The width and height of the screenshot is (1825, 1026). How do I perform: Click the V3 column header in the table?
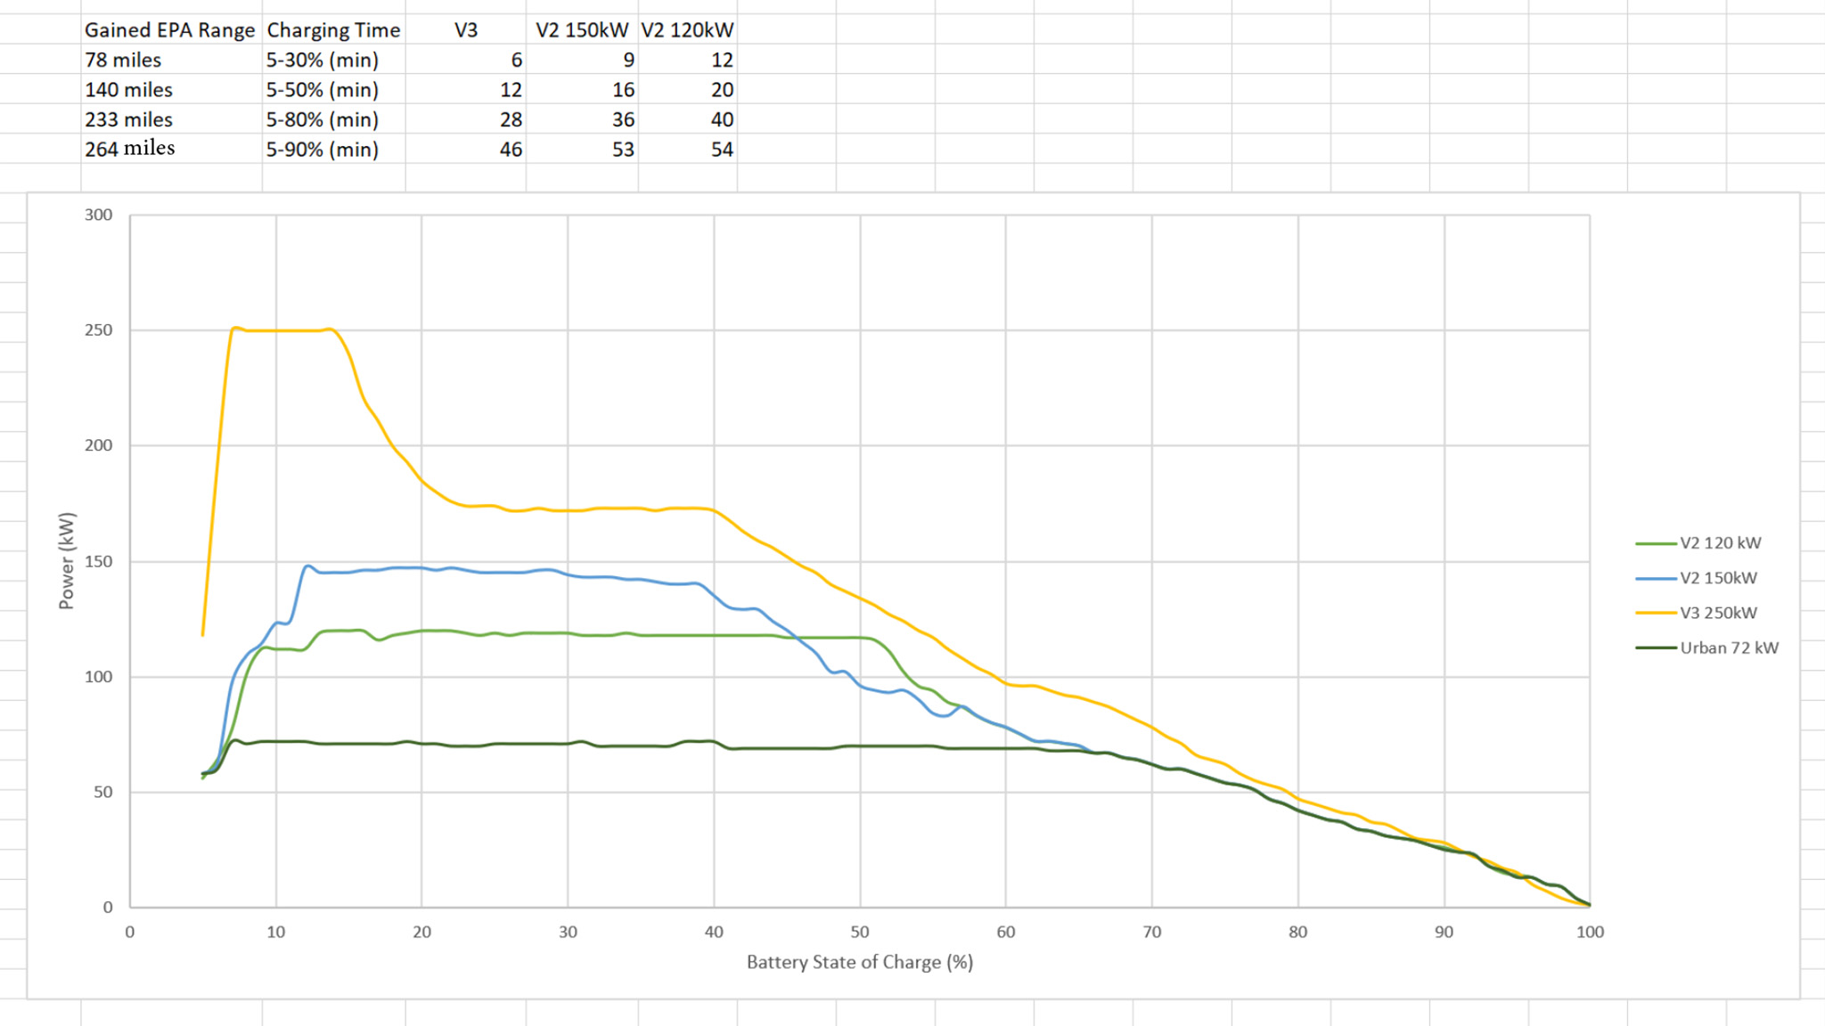pyautogui.click(x=466, y=30)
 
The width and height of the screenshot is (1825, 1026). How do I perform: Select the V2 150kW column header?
pyautogui.click(x=582, y=30)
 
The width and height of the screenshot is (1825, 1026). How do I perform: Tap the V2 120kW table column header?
pyautogui.click(x=687, y=30)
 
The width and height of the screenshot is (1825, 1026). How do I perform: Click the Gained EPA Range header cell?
pyautogui.click(x=169, y=30)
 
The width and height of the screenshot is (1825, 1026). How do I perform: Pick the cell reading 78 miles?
pyautogui.click(x=123, y=60)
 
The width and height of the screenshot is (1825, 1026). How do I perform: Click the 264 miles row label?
pyautogui.click(x=130, y=149)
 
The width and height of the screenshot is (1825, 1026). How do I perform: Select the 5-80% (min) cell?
pyautogui.click(x=323, y=119)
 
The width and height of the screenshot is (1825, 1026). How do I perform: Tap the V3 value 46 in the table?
pyautogui.click(x=511, y=150)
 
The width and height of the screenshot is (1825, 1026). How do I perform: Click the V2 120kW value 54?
pyautogui.click(x=722, y=150)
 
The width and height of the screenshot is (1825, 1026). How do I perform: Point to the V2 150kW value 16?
pyautogui.click(x=623, y=90)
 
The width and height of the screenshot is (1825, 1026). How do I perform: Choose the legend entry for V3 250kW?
pyautogui.click(x=1718, y=613)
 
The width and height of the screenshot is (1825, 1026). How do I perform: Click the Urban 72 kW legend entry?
pyautogui.click(x=1729, y=647)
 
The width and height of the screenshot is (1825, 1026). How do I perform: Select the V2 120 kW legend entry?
pyautogui.click(x=1720, y=542)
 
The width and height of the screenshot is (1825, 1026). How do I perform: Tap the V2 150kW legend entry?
pyautogui.click(x=1718, y=578)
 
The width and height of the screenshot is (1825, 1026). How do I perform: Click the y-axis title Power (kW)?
pyautogui.click(x=67, y=561)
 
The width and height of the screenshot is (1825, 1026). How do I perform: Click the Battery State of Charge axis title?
pyautogui.click(x=859, y=962)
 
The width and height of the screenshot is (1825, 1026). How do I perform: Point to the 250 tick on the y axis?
pyautogui.click(x=98, y=330)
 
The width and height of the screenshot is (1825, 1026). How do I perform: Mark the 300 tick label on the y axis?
pyautogui.click(x=98, y=215)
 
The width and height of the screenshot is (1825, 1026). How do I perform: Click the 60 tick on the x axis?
pyautogui.click(x=1005, y=932)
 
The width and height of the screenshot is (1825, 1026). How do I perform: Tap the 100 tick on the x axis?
pyautogui.click(x=1589, y=932)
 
